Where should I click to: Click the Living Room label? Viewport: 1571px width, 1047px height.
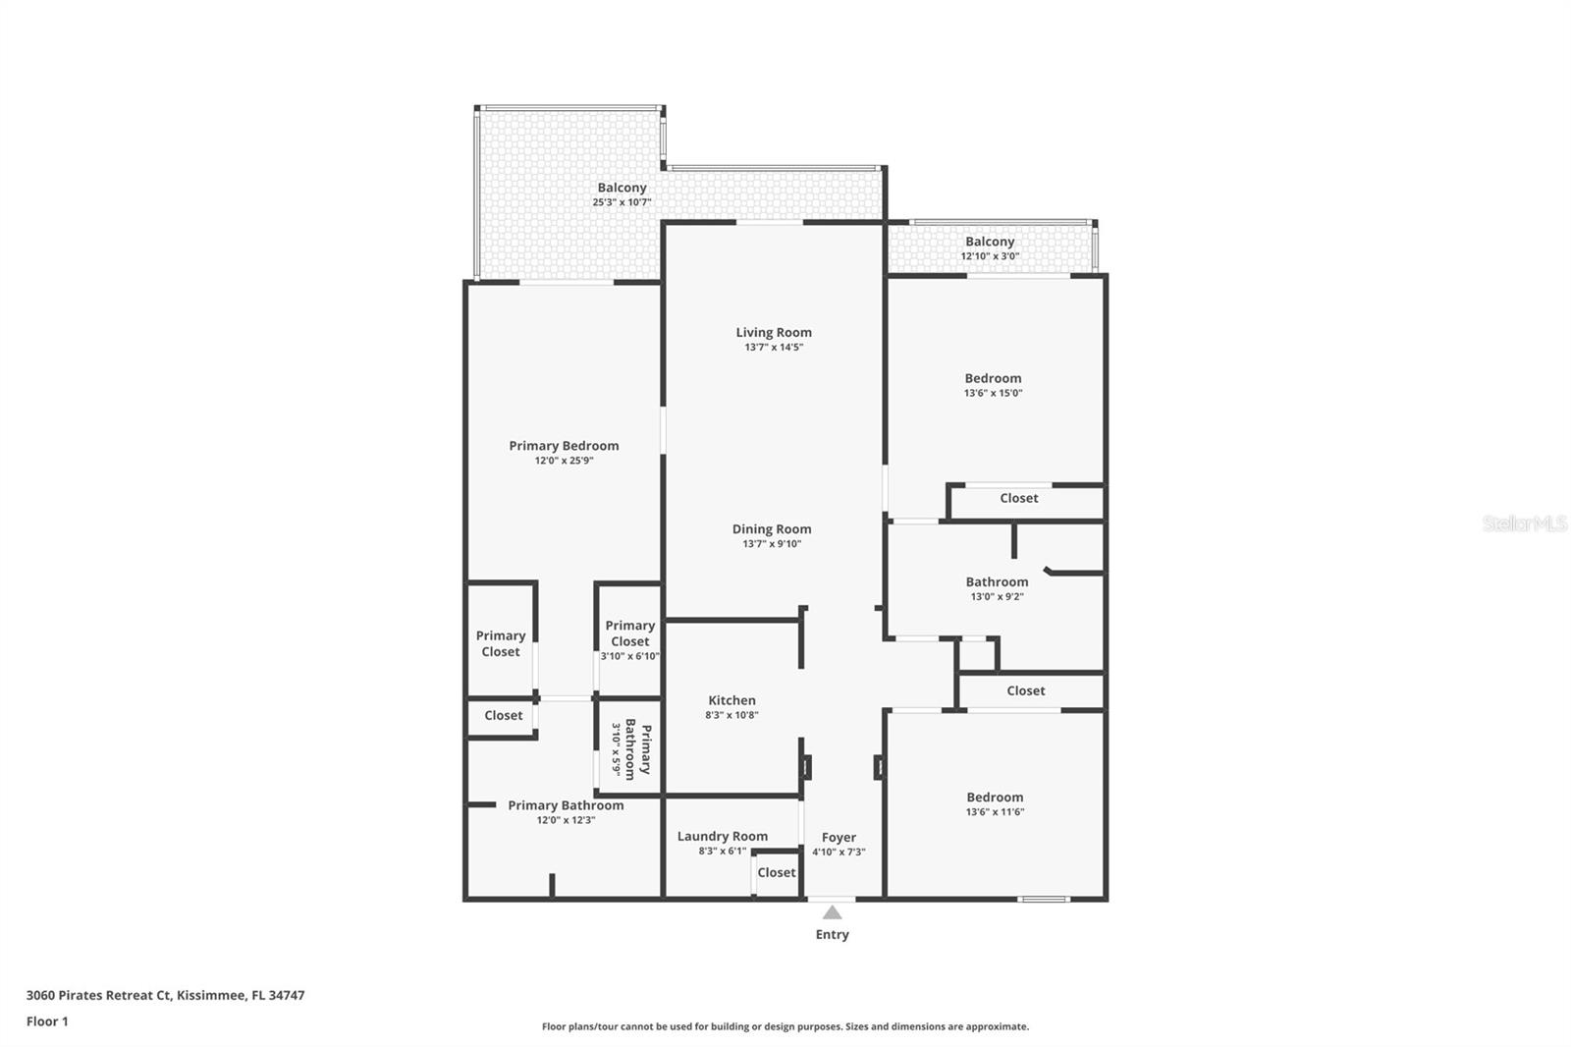pyautogui.click(x=774, y=333)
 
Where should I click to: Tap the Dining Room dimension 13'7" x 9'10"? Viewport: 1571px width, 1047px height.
pyautogui.click(x=772, y=544)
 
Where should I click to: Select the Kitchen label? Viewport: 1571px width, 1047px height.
pyautogui.click(x=731, y=700)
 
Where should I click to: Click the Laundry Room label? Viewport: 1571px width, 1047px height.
pyautogui.click(x=722, y=837)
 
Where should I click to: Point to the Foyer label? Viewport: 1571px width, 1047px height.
pyautogui.click(x=839, y=838)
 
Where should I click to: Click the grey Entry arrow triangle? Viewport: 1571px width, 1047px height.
pyautogui.click(x=832, y=913)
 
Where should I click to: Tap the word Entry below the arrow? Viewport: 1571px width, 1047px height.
pyautogui.click(x=832, y=935)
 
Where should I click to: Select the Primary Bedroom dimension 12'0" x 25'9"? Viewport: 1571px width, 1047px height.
pyautogui.click(x=564, y=461)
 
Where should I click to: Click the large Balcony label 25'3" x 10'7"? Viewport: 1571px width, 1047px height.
pyautogui.click(x=622, y=188)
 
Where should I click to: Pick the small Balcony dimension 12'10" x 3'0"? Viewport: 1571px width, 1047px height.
pyautogui.click(x=990, y=256)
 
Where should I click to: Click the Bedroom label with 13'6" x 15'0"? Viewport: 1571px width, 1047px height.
pyautogui.click(x=993, y=378)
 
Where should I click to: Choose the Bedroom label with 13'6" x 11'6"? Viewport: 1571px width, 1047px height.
pyautogui.click(x=995, y=798)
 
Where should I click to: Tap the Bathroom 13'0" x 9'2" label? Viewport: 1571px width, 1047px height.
pyautogui.click(x=997, y=582)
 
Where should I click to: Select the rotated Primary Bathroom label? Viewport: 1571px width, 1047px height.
pyautogui.click(x=637, y=749)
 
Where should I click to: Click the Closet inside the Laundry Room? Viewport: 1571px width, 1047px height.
pyautogui.click(x=776, y=872)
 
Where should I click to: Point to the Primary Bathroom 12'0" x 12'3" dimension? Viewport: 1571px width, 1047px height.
pyautogui.click(x=566, y=820)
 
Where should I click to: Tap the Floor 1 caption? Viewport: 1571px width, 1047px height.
pyautogui.click(x=47, y=1021)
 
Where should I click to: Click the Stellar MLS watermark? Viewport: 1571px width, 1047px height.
pyautogui.click(x=1524, y=524)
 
